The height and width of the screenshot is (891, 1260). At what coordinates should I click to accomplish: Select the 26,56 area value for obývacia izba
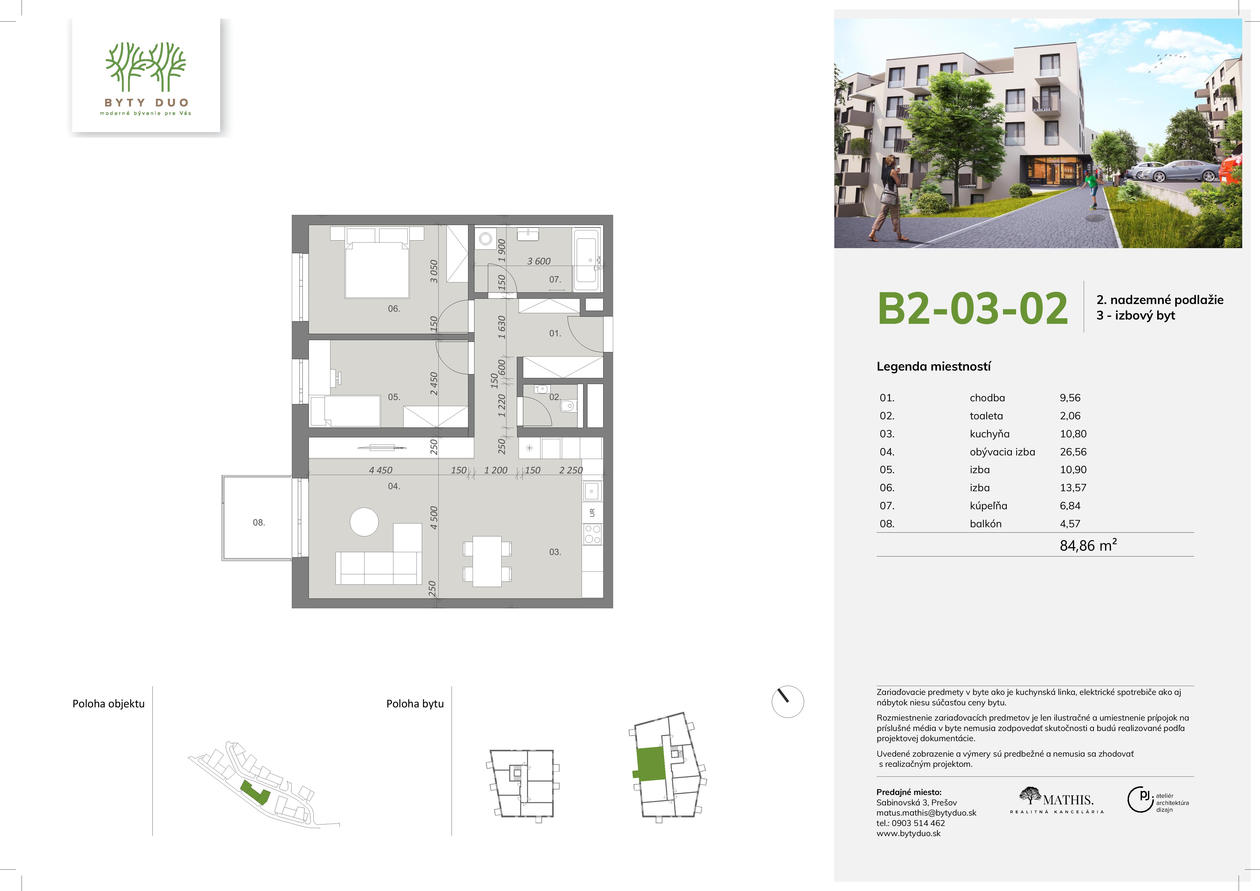point(1073,452)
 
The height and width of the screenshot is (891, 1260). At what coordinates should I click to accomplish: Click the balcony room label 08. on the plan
point(259,522)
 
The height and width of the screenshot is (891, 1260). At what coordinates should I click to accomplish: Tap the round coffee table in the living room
point(364,522)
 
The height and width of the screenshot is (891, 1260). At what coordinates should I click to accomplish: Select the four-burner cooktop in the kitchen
point(592,534)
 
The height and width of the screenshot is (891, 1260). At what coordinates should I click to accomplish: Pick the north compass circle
point(788,701)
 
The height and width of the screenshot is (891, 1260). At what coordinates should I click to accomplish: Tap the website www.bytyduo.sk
point(908,833)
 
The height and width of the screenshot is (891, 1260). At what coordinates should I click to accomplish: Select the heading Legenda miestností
point(933,367)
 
